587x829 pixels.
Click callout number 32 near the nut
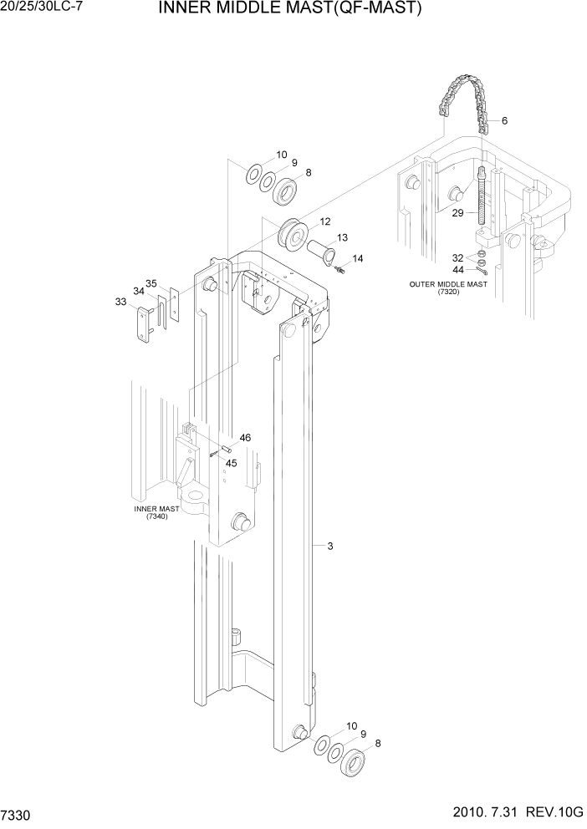pos(458,257)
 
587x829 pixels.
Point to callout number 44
pos(458,270)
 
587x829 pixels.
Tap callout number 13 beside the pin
pos(342,237)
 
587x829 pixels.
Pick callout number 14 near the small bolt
pos(358,259)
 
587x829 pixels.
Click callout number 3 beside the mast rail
pos(330,547)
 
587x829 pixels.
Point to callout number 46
pos(245,438)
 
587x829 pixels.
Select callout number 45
pos(232,463)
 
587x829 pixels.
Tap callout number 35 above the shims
pos(151,283)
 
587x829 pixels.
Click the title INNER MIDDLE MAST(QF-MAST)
pos(288,10)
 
